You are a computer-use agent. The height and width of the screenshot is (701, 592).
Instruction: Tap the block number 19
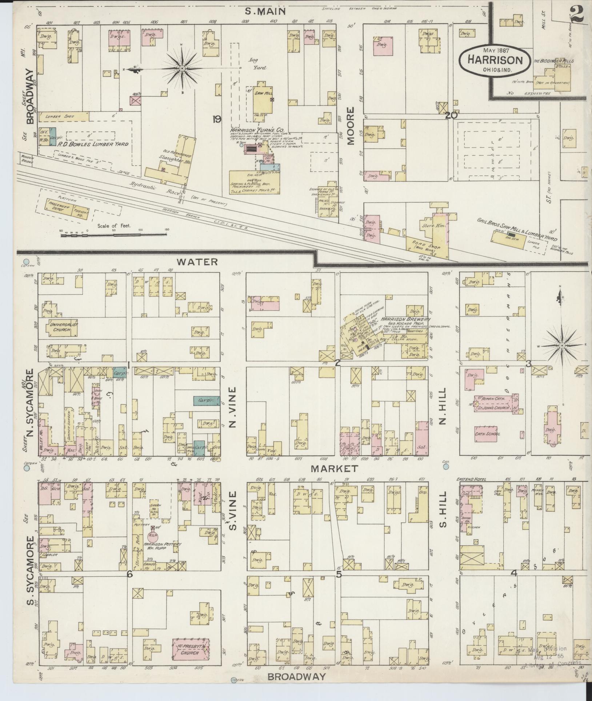[217, 119]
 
